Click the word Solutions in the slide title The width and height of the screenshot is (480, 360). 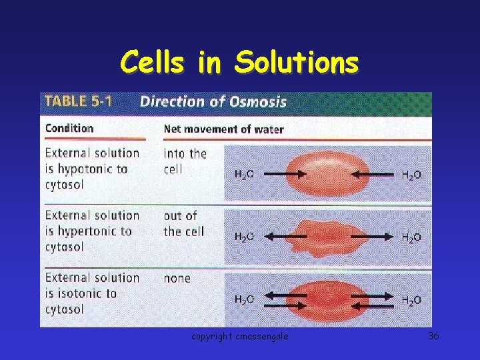pyautogui.click(x=295, y=63)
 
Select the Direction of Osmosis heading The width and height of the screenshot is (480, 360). pyautogui.click(x=213, y=102)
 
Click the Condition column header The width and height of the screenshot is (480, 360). pyautogui.click(x=69, y=128)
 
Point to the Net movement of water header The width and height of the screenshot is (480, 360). pyautogui.click(x=224, y=129)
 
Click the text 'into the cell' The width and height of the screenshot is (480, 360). pyautogui.click(x=185, y=161)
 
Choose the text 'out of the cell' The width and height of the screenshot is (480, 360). pyautogui.click(x=183, y=223)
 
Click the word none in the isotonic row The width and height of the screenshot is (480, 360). pyautogui.click(x=177, y=279)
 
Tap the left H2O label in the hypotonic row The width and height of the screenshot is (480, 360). pyautogui.click(x=244, y=175)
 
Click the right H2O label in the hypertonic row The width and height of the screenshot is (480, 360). pyautogui.click(x=411, y=237)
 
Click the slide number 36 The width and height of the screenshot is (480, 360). pyautogui.click(x=433, y=336)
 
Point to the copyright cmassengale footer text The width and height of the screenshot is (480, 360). pyautogui.click(x=240, y=337)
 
